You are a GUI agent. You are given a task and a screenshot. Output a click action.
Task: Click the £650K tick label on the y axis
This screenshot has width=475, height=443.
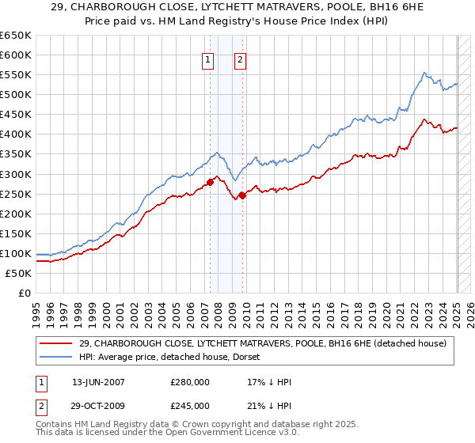16,36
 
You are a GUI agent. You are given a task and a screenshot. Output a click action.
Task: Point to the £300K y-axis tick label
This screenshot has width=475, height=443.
16,174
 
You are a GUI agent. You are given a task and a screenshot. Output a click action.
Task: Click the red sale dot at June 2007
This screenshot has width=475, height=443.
211,182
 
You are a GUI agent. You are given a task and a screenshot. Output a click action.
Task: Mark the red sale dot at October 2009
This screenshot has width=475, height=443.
243,195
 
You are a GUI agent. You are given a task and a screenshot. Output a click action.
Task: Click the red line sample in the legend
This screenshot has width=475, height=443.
57,343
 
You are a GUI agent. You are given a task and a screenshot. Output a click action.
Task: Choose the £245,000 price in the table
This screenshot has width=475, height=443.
189,405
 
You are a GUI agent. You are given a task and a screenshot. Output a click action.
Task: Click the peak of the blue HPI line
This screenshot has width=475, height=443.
425,73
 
